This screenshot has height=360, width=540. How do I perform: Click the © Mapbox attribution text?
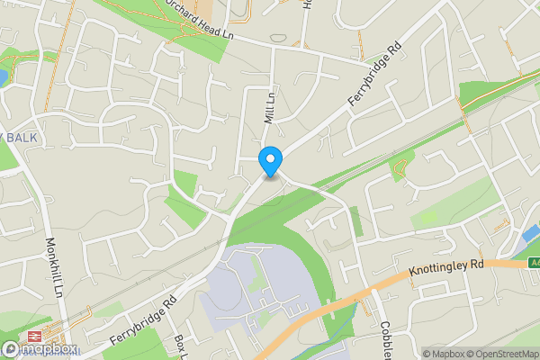(442, 354)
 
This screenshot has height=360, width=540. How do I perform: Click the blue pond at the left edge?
(3, 77)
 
